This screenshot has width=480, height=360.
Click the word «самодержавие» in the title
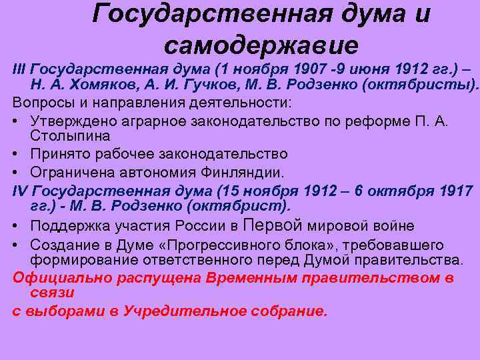tap(261, 45)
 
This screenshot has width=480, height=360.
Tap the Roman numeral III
tap(19, 69)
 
